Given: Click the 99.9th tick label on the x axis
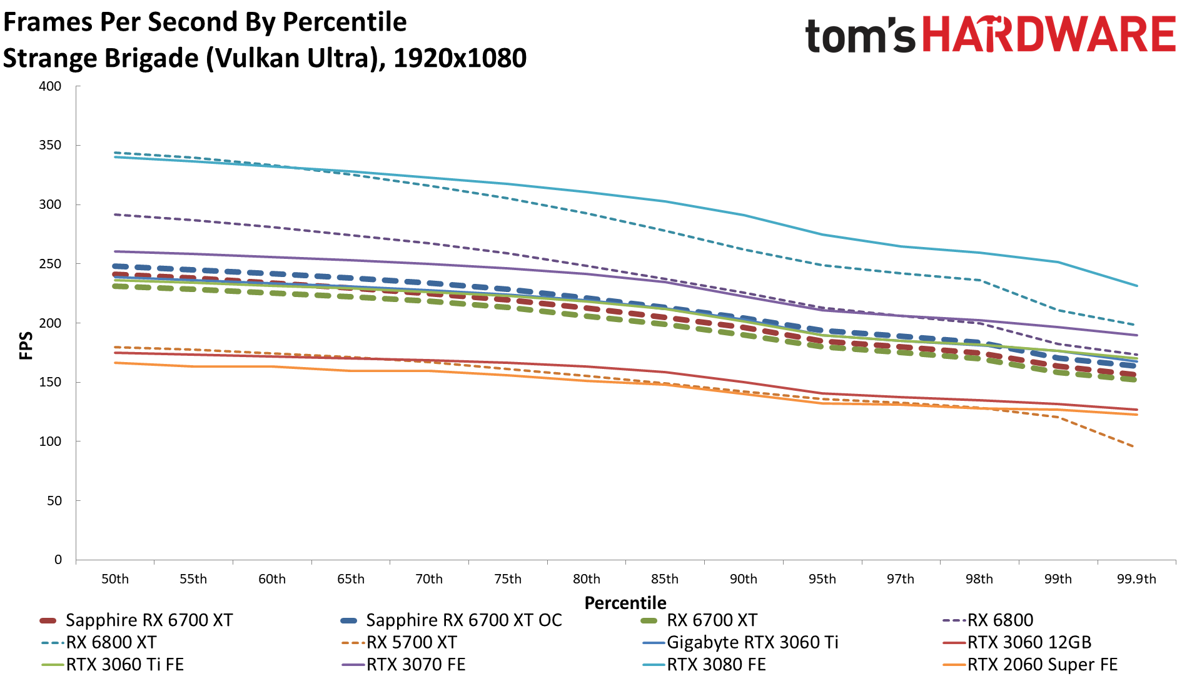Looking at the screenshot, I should [1136, 579].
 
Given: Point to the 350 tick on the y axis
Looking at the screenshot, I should [50, 145].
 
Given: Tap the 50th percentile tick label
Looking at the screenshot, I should [115, 579].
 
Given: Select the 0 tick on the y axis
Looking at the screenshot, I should [58, 560].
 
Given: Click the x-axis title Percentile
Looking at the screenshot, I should [625, 603].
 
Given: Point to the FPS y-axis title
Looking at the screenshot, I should [26, 346].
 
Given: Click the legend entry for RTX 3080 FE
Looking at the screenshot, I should [716, 664].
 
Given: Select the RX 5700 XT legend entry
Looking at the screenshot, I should [412, 642].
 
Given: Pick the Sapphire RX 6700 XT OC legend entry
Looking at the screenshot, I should [463, 620].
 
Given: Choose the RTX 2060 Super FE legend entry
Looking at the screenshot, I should [1042, 664].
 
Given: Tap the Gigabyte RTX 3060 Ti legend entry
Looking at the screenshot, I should [752, 642].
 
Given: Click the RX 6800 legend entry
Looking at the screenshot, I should [1000, 620].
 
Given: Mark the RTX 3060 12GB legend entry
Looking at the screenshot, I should [1029, 642].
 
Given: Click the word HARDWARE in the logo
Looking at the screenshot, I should [1049, 34].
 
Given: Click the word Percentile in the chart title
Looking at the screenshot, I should [345, 22].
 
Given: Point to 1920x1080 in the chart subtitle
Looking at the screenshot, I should [460, 58].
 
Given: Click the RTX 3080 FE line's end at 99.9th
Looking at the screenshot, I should [1136, 286].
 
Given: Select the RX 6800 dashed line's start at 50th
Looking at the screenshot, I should [115, 214].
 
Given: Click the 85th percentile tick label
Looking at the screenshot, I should [664, 579].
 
